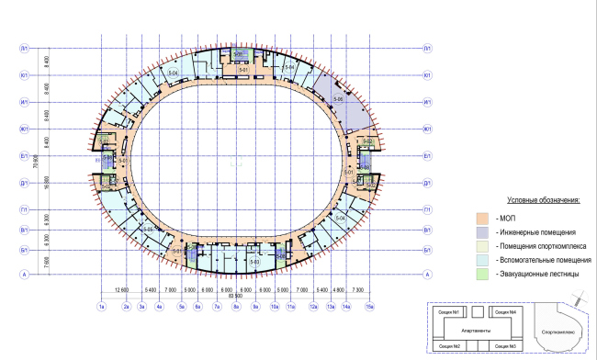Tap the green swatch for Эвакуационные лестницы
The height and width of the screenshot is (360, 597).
481,273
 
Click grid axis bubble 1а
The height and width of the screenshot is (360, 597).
102,306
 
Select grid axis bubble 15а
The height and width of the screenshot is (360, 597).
369,306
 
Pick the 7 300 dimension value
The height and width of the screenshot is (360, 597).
359,289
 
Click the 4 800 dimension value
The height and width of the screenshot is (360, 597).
339,289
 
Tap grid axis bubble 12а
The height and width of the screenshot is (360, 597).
312,306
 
